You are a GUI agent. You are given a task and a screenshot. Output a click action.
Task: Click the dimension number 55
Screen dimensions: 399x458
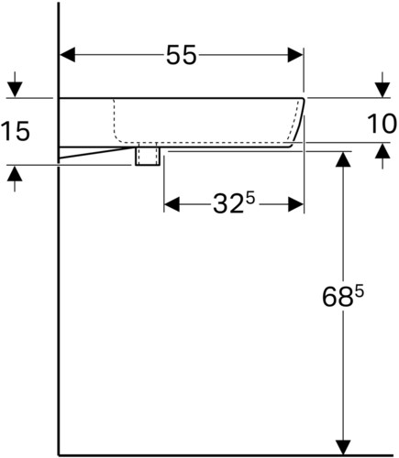tap(181, 55)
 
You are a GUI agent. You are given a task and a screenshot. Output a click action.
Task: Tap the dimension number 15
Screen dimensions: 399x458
tap(16, 131)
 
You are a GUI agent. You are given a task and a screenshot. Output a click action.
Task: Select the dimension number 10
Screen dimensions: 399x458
tap(382, 124)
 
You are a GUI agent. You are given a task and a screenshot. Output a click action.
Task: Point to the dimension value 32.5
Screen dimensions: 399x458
tap(234, 203)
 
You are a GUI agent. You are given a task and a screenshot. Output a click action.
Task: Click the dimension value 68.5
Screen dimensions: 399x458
tap(343, 297)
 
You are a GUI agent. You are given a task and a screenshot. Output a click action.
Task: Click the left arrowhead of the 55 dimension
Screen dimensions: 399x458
tap(68, 55)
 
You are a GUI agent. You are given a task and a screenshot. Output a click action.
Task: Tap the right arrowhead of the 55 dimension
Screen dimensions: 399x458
tap(295, 55)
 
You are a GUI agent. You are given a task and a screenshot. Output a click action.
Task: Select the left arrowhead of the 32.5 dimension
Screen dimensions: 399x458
tap(172, 204)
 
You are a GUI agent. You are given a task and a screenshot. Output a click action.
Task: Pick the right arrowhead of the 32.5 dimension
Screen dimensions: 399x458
tap(295, 204)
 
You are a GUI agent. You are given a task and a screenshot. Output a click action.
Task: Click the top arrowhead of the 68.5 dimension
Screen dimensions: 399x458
tap(343, 158)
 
